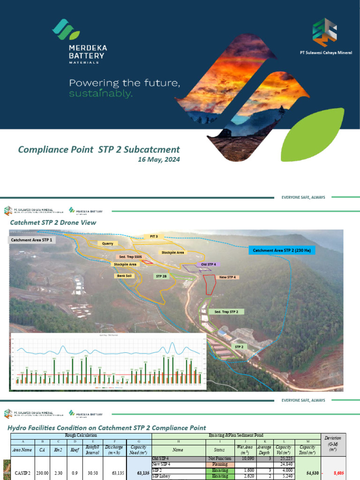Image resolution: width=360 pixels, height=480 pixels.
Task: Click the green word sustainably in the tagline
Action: click(x=101, y=94)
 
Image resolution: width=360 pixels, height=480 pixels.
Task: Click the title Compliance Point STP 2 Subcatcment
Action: click(x=99, y=150)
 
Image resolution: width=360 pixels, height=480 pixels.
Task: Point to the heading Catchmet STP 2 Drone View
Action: click(x=53, y=223)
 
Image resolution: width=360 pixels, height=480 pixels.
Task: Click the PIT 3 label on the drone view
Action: click(x=154, y=236)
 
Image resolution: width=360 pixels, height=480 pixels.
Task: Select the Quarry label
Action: click(x=108, y=244)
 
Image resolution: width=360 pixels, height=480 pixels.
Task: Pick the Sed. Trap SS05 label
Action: click(x=130, y=257)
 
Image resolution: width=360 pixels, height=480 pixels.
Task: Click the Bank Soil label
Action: click(x=125, y=276)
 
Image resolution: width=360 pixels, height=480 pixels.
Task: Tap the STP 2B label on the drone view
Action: click(x=161, y=277)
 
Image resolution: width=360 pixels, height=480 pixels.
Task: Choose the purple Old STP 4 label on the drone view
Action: click(x=208, y=264)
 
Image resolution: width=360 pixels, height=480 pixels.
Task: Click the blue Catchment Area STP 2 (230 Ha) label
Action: click(x=281, y=251)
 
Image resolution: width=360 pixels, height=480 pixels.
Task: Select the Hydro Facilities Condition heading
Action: click(x=107, y=427)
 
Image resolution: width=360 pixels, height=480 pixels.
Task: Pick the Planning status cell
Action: click(x=217, y=464)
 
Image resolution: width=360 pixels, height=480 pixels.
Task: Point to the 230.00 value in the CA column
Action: click(x=43, y=473)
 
